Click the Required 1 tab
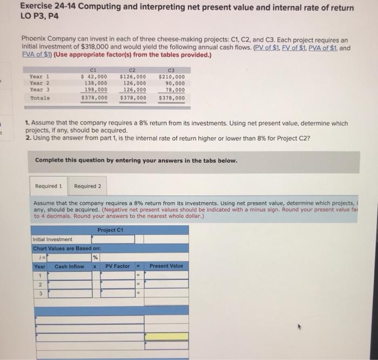coord(49,186)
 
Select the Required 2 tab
coord(87,186)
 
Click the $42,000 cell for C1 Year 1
coord(93,76)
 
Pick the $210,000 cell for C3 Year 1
coord(171,76)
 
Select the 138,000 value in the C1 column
coord(96,83)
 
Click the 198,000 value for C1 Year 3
coord(96,90)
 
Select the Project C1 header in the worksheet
coord(110,230)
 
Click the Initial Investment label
coord(53,239)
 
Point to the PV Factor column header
coord(117,266)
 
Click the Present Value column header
coord(166,266)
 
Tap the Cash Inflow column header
coord(69,266)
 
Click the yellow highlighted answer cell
coord(166,337)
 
